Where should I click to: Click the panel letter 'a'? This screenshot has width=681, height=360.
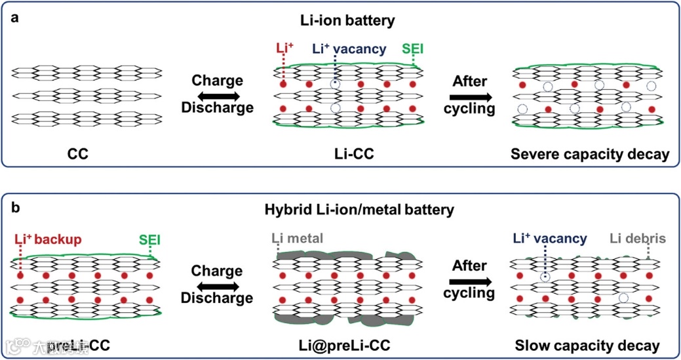(14, 18)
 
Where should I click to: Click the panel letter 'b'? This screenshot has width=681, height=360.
(14, 209)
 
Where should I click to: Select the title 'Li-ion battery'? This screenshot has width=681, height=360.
(340, 21)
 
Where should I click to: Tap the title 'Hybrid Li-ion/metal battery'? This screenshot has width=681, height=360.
(340, 211)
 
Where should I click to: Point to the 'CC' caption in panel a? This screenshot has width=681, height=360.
(78, 155)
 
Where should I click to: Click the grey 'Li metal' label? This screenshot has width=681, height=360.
(299, 239)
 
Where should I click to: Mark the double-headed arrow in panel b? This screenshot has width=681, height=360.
(217, 284)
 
